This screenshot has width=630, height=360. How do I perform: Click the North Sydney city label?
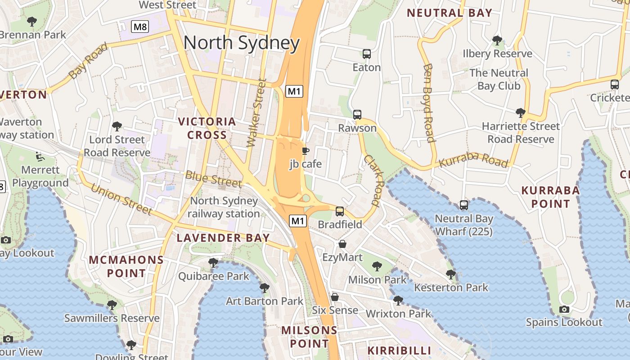(242, 43)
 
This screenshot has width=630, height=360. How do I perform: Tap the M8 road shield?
(140, 27)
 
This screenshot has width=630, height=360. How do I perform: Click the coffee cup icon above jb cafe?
(305, 151)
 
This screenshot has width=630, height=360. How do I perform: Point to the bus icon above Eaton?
(366, 54)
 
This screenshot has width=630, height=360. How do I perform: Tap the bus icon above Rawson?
(357, 114)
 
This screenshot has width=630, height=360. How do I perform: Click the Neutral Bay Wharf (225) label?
(463, 225)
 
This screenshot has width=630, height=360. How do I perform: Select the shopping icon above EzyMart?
(342, 244)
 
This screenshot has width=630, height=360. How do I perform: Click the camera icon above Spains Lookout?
(564, 309)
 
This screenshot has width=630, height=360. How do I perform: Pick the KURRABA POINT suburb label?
(550, 197)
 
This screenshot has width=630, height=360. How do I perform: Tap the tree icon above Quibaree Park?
(213, 262)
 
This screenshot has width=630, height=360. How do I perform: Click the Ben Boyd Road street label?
(429, 103)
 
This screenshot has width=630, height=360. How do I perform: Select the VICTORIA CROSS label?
(207, 128)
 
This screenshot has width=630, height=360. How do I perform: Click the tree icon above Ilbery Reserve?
(497, 40)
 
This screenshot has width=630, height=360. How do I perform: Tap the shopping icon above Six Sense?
(334, 297)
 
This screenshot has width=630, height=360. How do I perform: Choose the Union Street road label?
(121, 198)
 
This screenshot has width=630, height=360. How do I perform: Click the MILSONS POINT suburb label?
(309, 337)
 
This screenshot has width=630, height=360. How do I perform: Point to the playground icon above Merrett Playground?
(40, 157)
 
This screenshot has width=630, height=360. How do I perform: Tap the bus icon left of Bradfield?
(340, 211)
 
